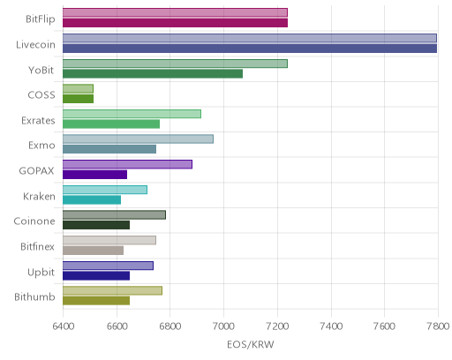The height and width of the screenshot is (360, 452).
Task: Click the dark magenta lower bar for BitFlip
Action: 175,23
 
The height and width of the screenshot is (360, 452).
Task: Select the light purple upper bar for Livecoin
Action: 250,38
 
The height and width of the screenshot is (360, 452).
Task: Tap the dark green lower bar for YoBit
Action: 153,73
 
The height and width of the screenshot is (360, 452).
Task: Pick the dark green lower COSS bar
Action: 78,99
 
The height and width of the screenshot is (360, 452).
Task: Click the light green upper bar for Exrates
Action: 132,114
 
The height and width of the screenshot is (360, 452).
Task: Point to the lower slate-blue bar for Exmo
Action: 109,149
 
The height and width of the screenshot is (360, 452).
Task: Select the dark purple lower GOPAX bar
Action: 94,175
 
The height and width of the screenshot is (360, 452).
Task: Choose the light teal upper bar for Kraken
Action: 105,190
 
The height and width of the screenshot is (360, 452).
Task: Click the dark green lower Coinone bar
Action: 96,225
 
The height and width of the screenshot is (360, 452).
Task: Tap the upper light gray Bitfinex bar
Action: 109,240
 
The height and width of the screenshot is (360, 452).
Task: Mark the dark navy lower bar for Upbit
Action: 96,276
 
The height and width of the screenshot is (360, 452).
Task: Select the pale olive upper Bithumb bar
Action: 112,290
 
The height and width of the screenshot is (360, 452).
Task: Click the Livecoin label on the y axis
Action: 35,45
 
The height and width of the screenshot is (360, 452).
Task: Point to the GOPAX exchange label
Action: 36,171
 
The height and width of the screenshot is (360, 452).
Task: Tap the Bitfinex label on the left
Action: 37,246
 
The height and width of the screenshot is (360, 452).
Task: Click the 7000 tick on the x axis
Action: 223,326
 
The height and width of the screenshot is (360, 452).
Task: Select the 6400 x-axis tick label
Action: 64,326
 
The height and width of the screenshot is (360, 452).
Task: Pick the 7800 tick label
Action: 438,326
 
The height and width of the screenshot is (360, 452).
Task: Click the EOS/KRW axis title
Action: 251,344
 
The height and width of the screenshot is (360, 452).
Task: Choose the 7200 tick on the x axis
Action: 277,326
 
